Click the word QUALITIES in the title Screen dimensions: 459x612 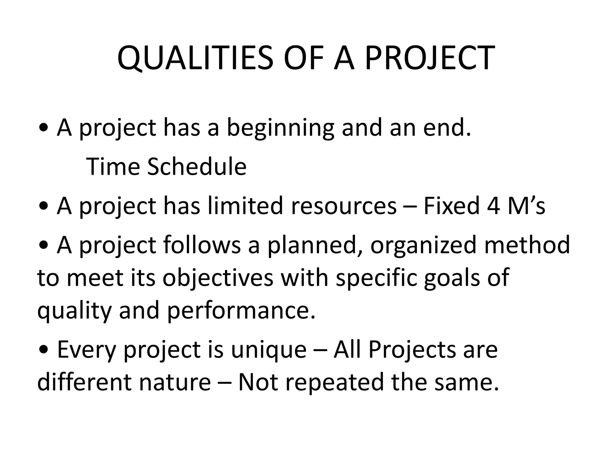point(195,58)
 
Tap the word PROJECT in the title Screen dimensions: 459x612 point(430,58)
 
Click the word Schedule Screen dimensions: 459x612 point(197,167)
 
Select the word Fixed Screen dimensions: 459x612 point(451,206)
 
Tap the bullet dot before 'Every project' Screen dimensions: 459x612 point(44,350)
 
